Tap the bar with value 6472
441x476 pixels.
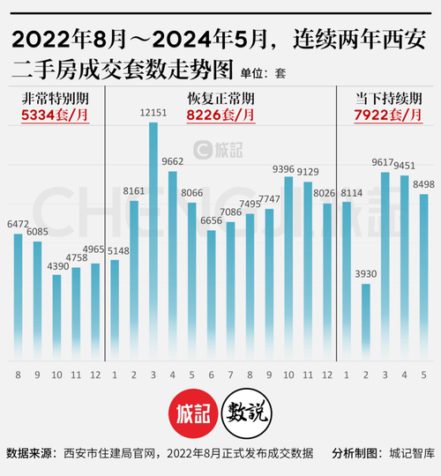coord(19,296)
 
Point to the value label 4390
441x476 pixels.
coord(57,265)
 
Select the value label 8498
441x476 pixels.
coord(423,184)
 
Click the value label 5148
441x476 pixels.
coord(115,250)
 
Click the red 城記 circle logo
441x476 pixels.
coord(192,412)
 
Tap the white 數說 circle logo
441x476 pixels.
coord(247,412)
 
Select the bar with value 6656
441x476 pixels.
coord(211,294)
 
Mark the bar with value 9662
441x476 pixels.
coord(172,264)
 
